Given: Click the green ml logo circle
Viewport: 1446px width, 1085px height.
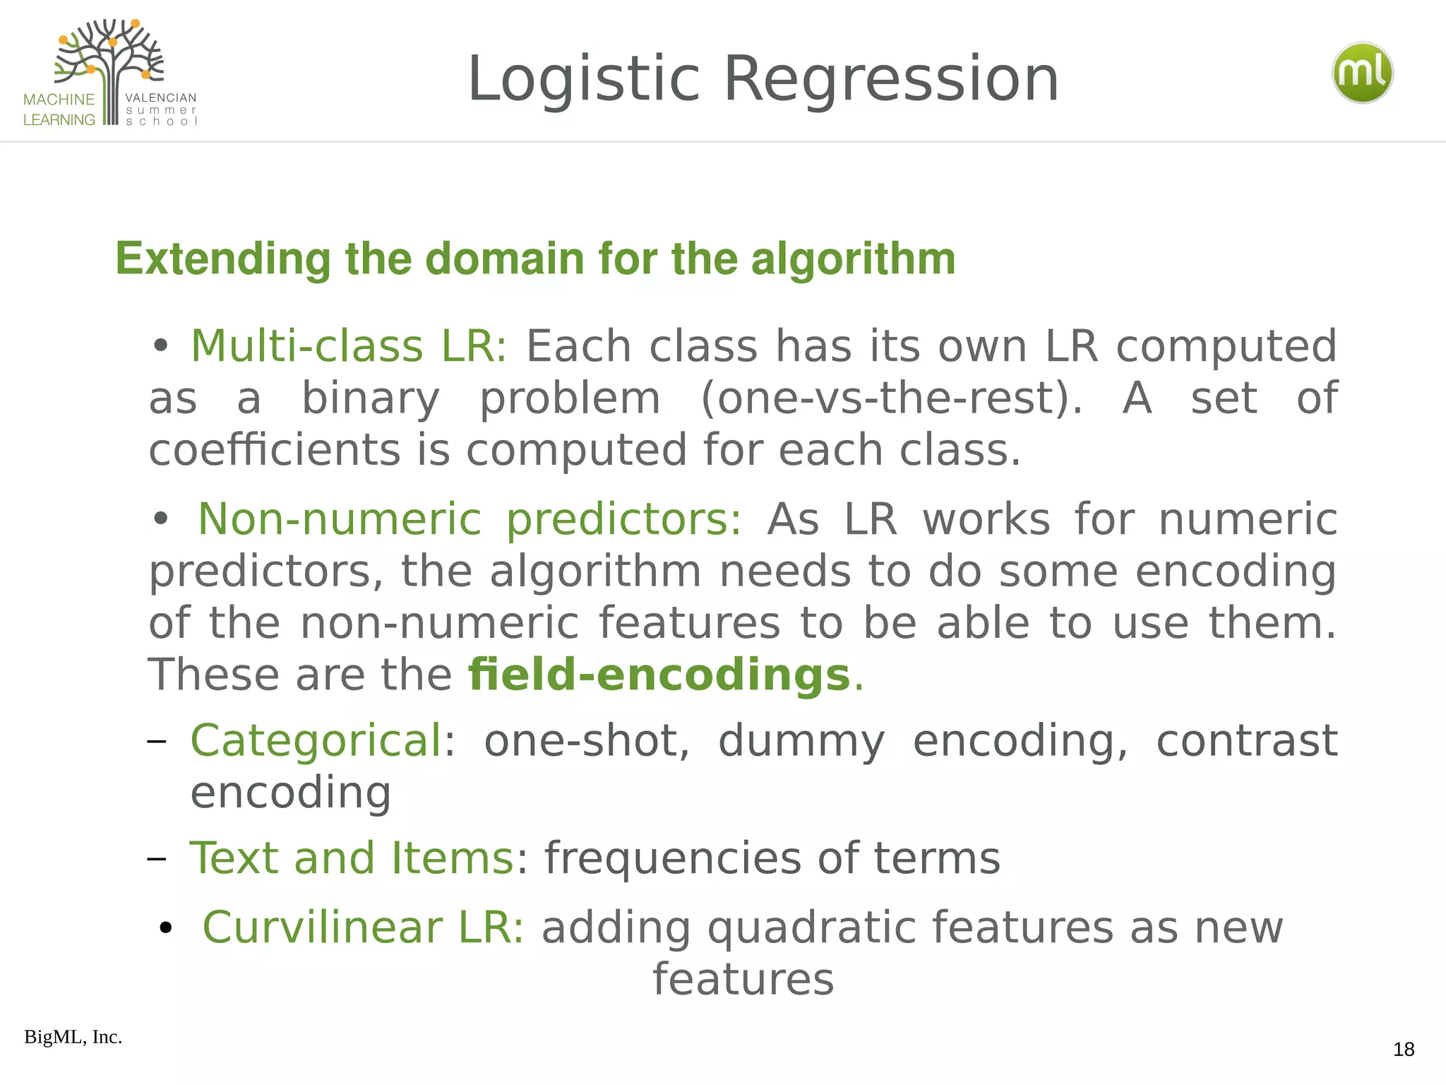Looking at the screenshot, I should pyautogui.click(x=1362, y=73).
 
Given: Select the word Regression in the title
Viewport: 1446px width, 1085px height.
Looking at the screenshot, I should pyautogui.click(x=891, y=79).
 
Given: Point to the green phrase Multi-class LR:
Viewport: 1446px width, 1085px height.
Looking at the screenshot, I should pyautogui.click(x=349, y=346).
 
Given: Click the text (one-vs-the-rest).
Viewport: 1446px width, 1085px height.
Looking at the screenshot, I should pyautogui.click(x=891, y=398).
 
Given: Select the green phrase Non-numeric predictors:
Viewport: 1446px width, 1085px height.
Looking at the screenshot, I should pyautogui.click(x=470, y=519).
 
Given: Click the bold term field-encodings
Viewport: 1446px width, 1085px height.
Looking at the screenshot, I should pyautogui.click(x=659, y=675).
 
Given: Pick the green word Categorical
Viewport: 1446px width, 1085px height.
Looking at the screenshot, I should pyautogui.click(x=316, y=740).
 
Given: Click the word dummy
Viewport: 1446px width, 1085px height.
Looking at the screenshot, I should pyautogui.click(x=801, y=742).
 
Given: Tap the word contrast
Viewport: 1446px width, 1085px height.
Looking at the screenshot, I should pyautogui.click(x=1246, y=740).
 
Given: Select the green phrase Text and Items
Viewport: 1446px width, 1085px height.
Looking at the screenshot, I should pyautogui.click(x=352, y=858).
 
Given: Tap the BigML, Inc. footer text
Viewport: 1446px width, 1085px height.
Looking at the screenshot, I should pyautogui.click(x=73, y=1037).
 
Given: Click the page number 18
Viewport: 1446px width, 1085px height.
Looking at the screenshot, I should pyautogui.click(x=1404, y=1050).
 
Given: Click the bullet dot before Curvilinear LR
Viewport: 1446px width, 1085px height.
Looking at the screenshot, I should pyautogui.click(x=166, y=928).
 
